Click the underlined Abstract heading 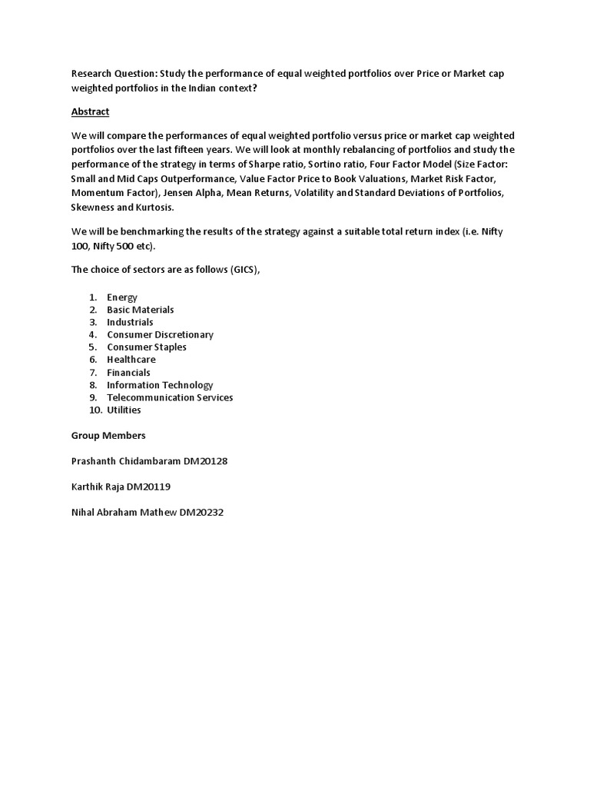point(90,111)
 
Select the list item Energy point(122,297)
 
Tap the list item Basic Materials point(141,310)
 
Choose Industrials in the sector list point(130,322)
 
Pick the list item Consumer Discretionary point(160,335)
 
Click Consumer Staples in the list point(147,347)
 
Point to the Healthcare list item point(131,360)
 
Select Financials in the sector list point(128,373)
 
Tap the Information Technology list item point(160,385)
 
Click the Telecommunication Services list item point(170,397)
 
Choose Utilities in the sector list point(124,410)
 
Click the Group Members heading point(108,436)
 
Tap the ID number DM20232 point(201,513)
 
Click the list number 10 point(93,410)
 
